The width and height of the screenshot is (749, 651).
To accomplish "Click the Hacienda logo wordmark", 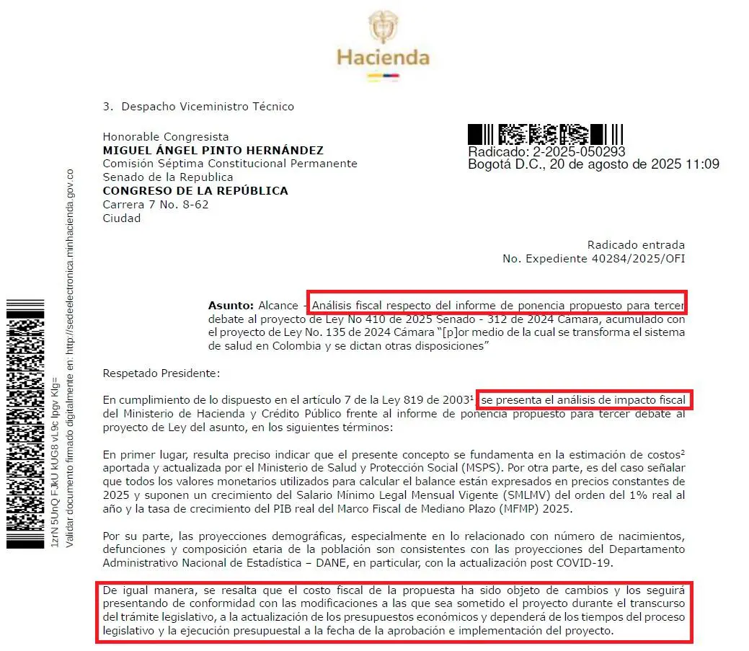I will [x=383, y=57].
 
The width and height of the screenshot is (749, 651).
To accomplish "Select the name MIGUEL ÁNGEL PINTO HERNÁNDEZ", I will [x=213, y=150].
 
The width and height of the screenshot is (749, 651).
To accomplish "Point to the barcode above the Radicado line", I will [x=545, y=134].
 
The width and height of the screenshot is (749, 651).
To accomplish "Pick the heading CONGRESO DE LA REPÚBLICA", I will [x=195, y=191].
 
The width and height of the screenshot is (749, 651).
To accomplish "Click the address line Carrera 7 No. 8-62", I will [x=156, y=205].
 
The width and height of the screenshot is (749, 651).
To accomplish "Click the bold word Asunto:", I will [x=231, y=306].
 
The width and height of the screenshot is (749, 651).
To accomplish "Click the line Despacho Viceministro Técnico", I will [x=208, y=107].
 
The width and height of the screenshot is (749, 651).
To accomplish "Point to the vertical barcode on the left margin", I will [x=25, y=423].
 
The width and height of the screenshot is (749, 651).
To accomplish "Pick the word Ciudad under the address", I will [x=122, y=218].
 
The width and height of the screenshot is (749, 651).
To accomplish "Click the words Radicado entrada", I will [x=636, y=245].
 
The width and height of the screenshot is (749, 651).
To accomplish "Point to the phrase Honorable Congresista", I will [x=166, y=136].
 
